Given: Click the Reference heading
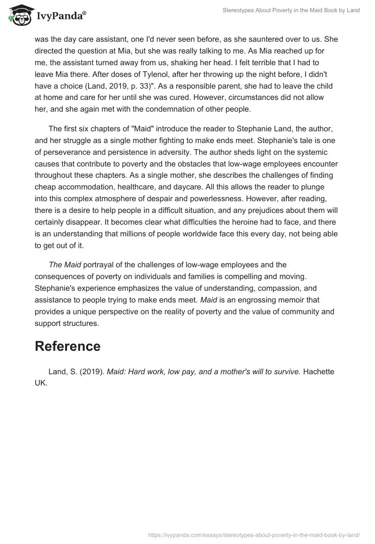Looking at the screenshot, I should (x=67, y=346).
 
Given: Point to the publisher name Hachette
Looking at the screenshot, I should (x=318, y=371).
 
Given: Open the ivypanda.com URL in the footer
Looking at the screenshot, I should (x=254, y=534).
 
